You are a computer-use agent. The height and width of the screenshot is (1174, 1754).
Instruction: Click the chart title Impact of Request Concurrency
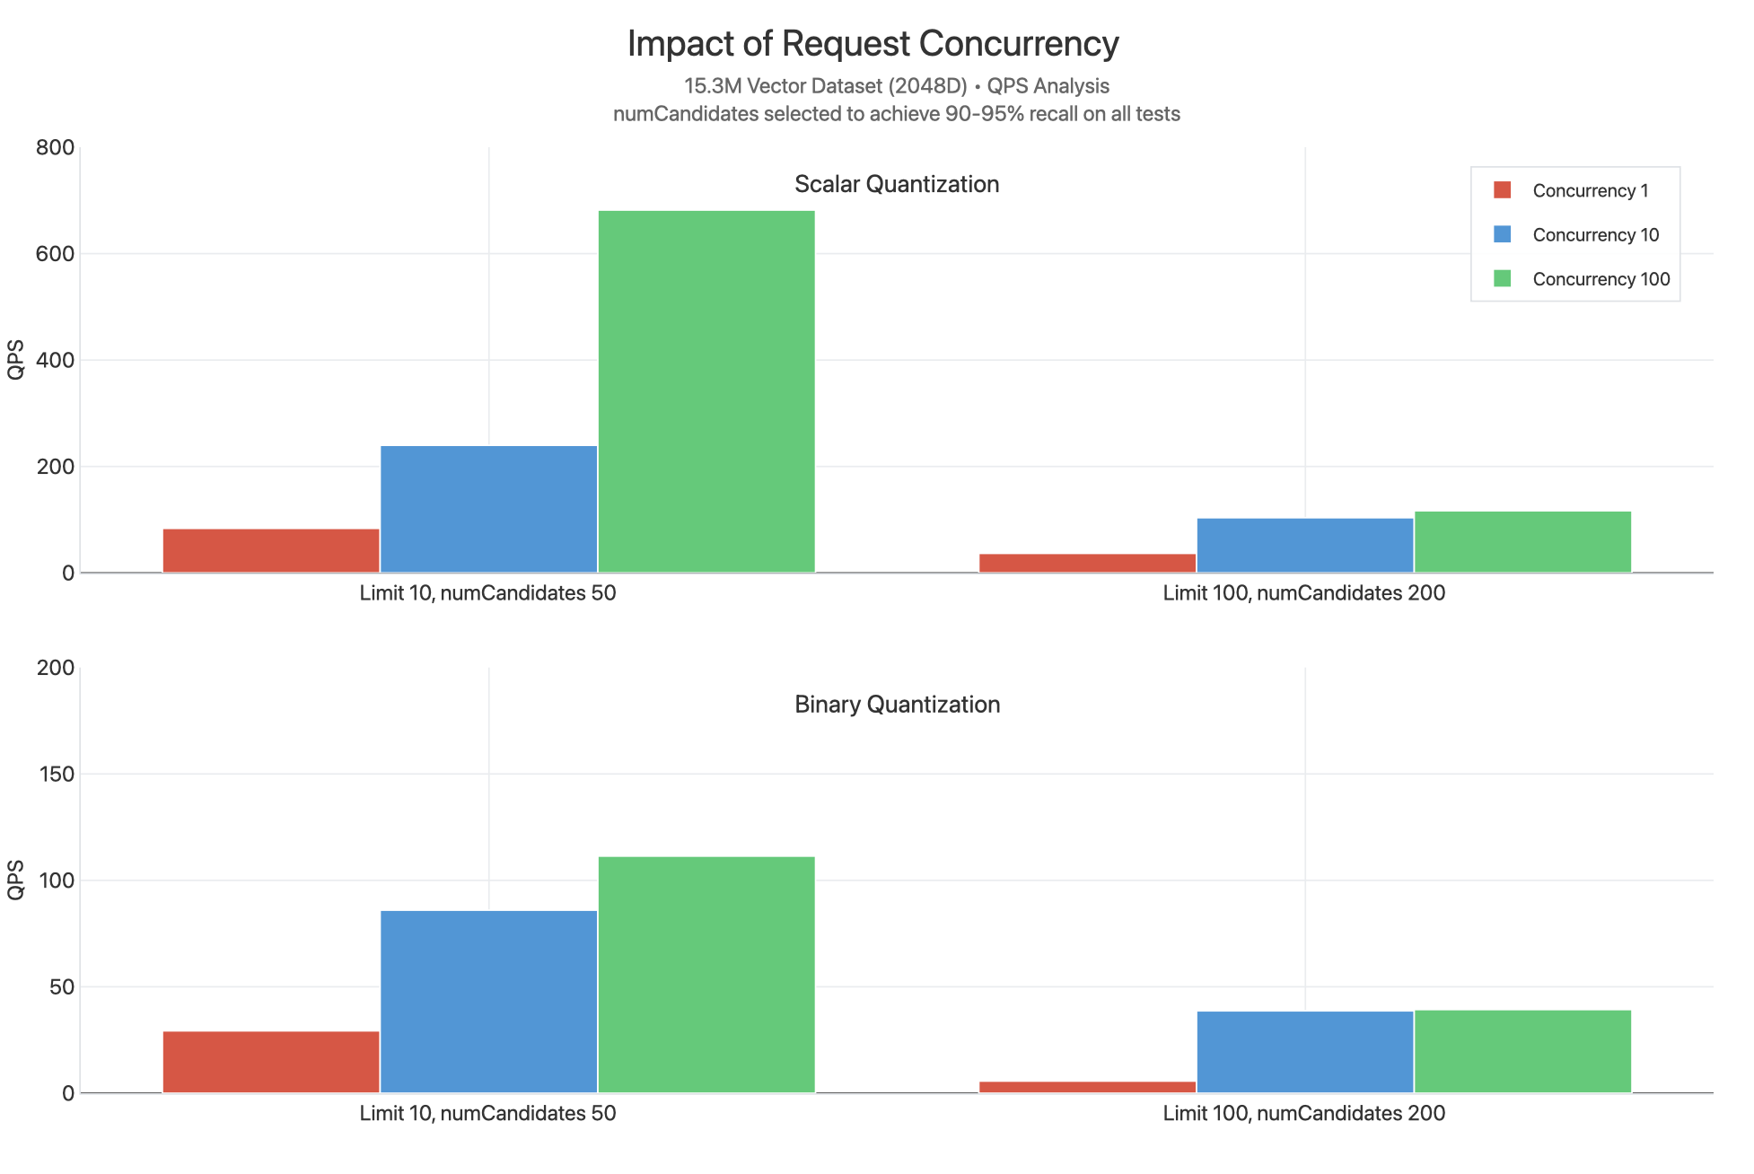click(x=873, y=43)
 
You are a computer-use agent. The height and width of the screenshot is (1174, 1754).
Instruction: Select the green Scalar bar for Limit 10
click(x=706, y=391)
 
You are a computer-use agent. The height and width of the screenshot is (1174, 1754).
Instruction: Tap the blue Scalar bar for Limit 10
click(x=488, y=509)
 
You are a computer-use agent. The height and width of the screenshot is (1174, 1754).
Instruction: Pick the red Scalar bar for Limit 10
click(x=271, y=550)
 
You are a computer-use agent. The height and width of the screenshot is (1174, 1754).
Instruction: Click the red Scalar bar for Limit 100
click(x=1087, y=563)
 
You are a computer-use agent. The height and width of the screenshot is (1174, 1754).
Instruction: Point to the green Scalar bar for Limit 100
click(x=1522, y=542)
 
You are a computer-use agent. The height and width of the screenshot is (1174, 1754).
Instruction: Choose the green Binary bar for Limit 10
click(x=706, y=974)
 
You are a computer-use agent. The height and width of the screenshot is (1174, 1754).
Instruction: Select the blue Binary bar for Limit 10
click(x=488, y=1002)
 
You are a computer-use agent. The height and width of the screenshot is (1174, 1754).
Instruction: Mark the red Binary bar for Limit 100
click(x=1087, y=1087)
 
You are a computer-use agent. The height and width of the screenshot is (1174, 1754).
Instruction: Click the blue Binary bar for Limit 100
click(x=1305, y=1052)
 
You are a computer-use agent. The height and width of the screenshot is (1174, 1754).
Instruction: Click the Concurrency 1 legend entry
click(x=1590, y=191)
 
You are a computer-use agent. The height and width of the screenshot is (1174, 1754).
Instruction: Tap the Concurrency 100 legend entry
click(x=1601, y=279)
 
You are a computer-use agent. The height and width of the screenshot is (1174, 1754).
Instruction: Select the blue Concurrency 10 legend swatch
click(x=1502, y=234)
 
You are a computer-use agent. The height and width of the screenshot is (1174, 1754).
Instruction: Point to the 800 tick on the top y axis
click(x=55, y=148)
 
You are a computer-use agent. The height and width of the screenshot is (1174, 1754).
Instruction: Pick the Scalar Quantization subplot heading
click(x=896, y=184)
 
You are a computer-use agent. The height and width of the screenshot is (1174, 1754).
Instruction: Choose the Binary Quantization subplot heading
click(x=897, y=705)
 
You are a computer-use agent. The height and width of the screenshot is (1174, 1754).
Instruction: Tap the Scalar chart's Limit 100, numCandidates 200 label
click(x=1303, y=593)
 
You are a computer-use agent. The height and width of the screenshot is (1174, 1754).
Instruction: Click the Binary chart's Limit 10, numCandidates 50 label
click(x=487, y=1114)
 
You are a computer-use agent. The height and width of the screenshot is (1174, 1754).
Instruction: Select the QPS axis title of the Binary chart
click(x=15, y=880)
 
